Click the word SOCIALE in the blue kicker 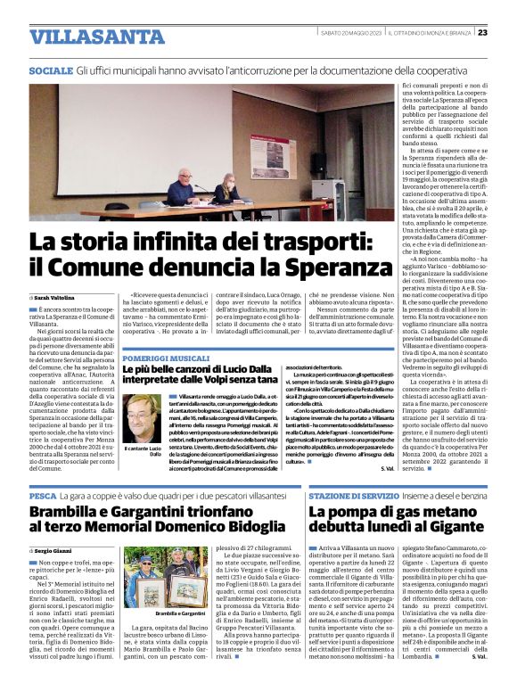coord(51,70)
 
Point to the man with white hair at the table coord(178,188)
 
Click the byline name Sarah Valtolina coord(54,296)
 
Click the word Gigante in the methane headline coord(451,527)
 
